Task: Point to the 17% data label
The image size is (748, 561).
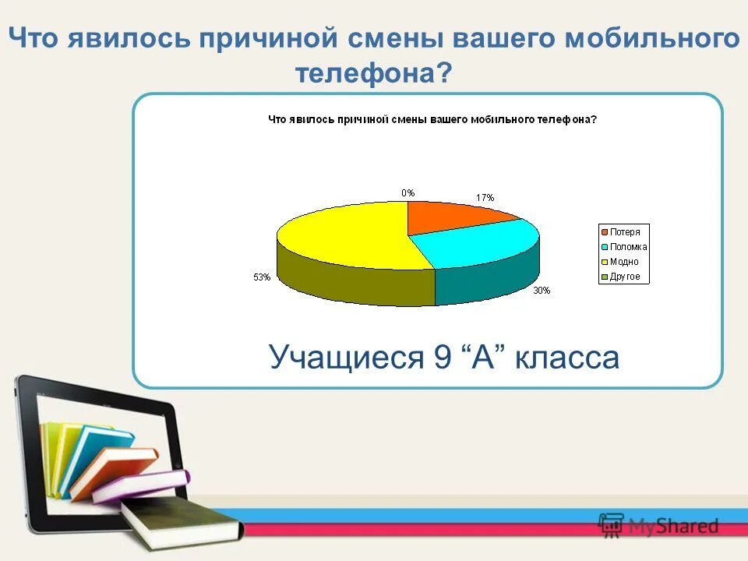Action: coord(485,198)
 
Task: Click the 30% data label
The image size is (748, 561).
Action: coord(542,291)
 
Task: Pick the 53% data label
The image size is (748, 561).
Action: coord(261,277)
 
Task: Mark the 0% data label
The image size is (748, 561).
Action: coord(408,192)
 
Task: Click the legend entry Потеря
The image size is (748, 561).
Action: coord(624,232)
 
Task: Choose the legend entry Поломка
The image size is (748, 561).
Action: coord(627,247)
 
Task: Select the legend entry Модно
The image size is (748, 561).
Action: coord(623,262)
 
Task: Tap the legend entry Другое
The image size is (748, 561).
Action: coord(624,277)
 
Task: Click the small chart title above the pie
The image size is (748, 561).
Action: coord(432,120)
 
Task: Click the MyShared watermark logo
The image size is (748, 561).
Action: coord(658,526)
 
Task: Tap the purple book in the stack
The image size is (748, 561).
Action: coord(140,486)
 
